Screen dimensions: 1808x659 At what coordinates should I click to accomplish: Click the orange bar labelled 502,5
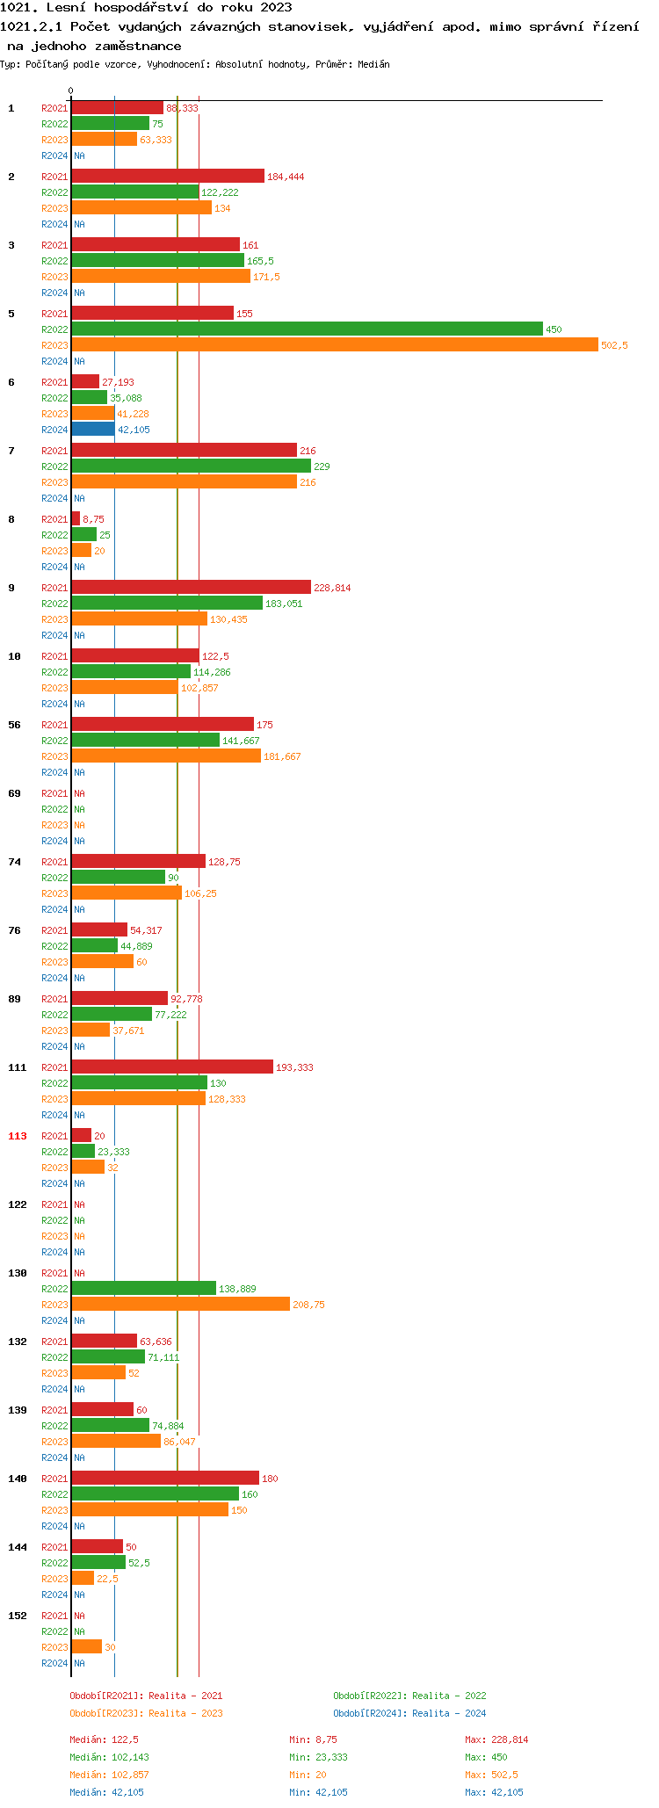point(334,345)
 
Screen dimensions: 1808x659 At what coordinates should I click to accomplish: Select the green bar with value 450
point(307,329)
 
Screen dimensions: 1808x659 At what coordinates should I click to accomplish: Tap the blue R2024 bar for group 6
point(93,430)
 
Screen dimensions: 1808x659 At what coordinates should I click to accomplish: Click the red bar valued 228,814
point(191,588)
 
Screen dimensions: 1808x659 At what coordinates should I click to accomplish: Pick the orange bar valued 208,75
point(180,1305)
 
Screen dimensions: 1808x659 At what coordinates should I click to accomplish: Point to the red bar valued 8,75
point(76,519)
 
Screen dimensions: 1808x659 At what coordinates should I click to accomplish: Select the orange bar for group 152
point(86,1647)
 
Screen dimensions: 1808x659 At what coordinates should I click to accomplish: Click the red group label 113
point(18,1136)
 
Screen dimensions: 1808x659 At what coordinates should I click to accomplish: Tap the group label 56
point(15,725)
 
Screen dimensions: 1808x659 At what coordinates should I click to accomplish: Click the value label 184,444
point(286,177)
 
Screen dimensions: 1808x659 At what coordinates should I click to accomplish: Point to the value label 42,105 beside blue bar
point(134,430)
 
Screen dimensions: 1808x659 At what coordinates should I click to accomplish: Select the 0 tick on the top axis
point(71,90)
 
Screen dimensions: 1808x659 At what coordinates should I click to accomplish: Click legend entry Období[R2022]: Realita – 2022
point(409,1696)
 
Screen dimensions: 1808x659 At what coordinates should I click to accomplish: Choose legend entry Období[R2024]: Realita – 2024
point(409,1713)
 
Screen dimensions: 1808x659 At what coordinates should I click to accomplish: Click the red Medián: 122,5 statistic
point(104,1739)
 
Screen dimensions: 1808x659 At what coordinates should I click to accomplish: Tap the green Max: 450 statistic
point(486,1757)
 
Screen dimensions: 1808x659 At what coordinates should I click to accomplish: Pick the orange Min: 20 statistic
point(308,1775)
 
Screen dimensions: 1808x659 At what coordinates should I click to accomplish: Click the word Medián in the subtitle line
point(373,64)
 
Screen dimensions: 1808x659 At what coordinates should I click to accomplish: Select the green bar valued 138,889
point(143,1289)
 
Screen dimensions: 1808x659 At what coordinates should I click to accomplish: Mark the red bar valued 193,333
point(172,1067)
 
